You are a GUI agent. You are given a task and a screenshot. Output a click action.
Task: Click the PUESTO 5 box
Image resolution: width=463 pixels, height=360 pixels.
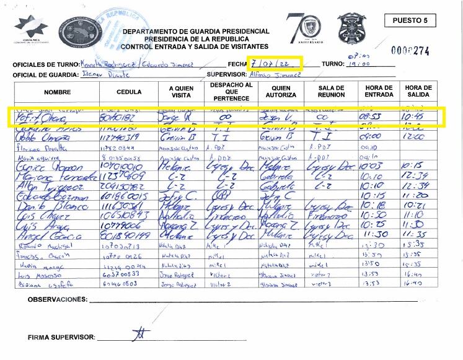[x=410, y=20]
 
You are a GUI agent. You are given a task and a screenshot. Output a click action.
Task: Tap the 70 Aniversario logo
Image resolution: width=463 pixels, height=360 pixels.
[x=304, y=29]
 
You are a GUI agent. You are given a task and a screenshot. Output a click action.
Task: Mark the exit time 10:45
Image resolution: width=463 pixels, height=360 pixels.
[x=412, y=116]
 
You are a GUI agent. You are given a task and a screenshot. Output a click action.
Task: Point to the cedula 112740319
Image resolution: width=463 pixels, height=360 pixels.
[x=121, y=138]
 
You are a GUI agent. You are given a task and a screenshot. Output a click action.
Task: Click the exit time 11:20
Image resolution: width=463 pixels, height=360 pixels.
[x=413, y=195]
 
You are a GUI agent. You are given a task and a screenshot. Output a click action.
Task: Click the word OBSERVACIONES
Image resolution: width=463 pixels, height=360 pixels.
[x=57, y=299]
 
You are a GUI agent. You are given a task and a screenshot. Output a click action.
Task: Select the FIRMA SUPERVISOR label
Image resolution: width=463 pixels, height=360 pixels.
[x=61, y=338]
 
